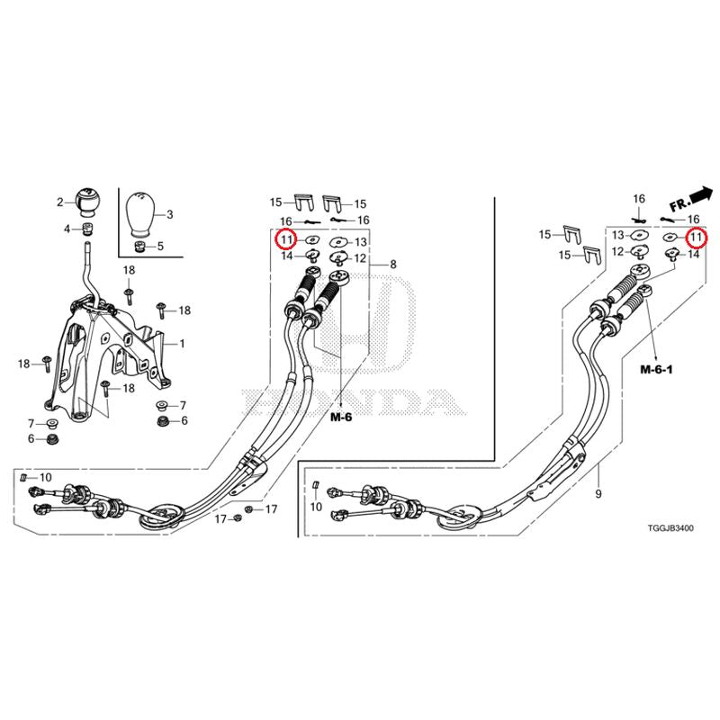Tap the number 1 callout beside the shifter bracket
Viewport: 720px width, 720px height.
click(182, 344)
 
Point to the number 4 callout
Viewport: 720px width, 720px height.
click(67, 229)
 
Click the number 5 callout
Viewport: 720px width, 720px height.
click(160, 246)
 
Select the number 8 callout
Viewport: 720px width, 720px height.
click(392, 265)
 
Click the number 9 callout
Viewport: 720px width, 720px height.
click(598, 494)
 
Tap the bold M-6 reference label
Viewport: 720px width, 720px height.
click(340, 418)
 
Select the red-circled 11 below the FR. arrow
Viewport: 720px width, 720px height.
click(695, 238)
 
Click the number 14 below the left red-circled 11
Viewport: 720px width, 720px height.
click(286, 256)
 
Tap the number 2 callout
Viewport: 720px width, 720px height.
click(60, 202)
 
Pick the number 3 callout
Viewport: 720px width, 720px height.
click(170, 214)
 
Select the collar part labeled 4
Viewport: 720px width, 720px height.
click(88, 229)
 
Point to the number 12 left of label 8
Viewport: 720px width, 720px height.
click(360, 258)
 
